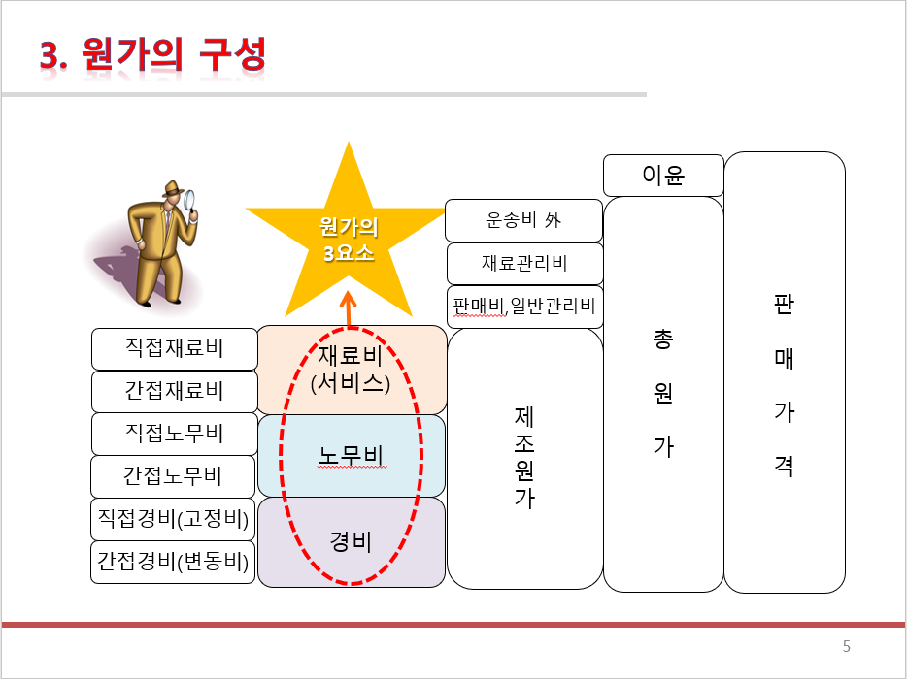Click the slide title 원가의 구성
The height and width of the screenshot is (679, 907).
(x=152, y=55)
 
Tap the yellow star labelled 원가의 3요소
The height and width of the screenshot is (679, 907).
(x=348, y=239)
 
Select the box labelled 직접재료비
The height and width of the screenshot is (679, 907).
(x=174, y=348)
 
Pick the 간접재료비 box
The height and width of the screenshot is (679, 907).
(x=174, y=391)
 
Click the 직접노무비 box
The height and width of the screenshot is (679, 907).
(x=174, y=433)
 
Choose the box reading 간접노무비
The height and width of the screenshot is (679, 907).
(x=174, y=475)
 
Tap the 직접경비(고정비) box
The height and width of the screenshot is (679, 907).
(x=174, y=519)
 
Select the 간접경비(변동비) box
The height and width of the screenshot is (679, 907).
(x=174, y=562)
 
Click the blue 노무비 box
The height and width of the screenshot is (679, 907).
(x=351, y=454)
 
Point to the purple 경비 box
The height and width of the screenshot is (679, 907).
(x=351, y=541)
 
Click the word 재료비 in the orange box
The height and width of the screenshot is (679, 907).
(x=351, y=355)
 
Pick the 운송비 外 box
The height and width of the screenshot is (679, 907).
(x=523, y=220)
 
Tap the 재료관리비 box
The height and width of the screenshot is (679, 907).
(x=524, y=263)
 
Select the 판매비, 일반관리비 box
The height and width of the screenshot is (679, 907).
(x=524, y=307)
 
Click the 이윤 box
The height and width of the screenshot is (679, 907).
(x=663, y=176)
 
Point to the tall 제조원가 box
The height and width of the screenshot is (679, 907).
(x=524, y=458)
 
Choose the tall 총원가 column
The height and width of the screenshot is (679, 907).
(x=663, y=393)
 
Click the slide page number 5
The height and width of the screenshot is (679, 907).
(x=846, y=647)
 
